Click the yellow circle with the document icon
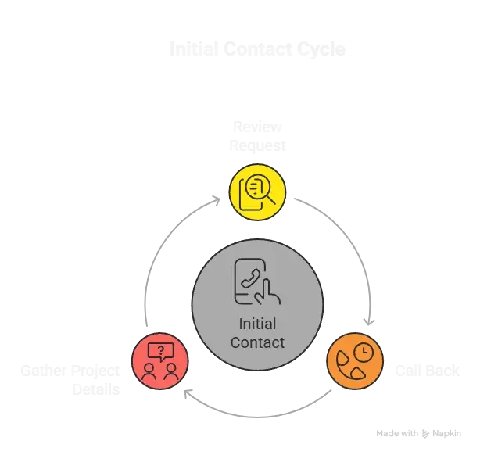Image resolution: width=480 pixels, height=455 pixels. [x=257, y=191]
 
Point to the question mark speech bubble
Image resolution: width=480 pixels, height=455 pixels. [x=160, y=350]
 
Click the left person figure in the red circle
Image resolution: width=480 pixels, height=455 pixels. [x=149, y=371]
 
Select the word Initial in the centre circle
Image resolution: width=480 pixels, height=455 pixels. [x=257, y=324]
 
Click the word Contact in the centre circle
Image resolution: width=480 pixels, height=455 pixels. [x=257, y=342]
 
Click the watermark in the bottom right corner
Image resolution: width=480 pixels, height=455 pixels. [x=417, y=431]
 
